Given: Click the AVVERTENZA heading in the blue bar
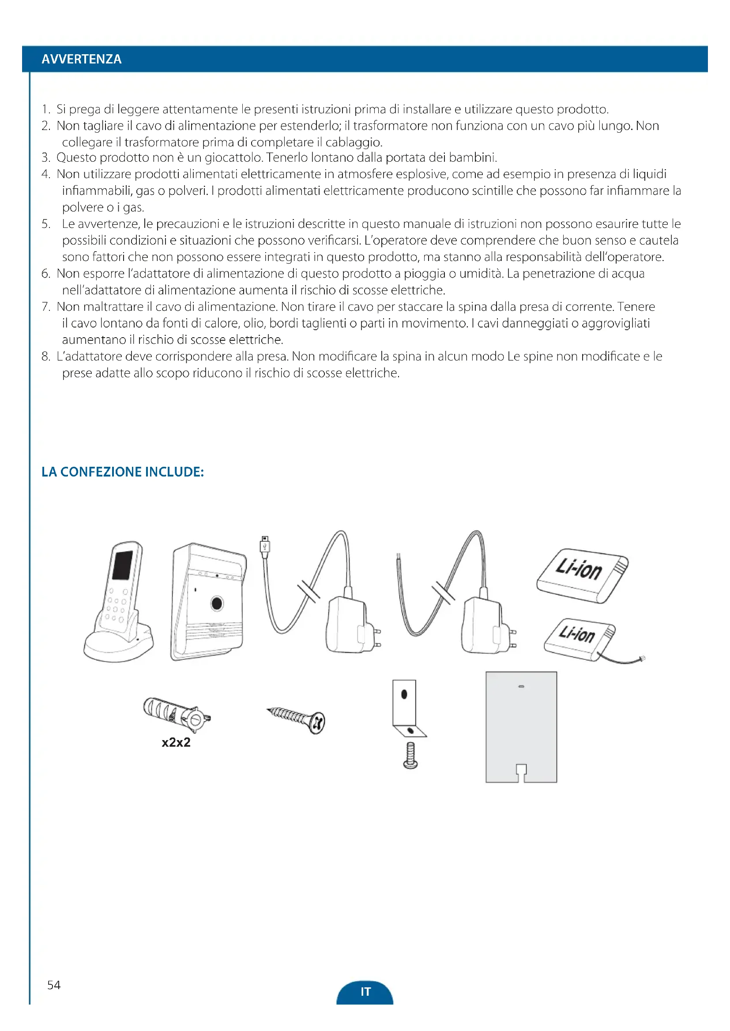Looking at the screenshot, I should tap(81, 59).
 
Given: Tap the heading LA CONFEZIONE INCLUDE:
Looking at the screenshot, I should tap(122, 472).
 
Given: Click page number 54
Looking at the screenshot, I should tap(53, 985).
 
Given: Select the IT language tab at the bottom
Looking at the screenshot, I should tap(365, 991).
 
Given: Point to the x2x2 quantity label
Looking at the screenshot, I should tap(176, 742).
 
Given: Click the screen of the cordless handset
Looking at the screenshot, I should tap(122, 565).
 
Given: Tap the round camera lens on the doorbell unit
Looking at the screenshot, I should tap(217, 603).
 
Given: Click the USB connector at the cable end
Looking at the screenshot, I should tap(265, 545).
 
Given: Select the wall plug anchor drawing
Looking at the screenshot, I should tap(177, 713).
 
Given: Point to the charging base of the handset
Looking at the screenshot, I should tap(118, 647).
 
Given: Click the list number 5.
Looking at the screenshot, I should tap(45, 223).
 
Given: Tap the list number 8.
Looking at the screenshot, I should tap(45, 357).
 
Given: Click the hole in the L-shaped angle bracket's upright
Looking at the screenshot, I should tap(404, 694).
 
